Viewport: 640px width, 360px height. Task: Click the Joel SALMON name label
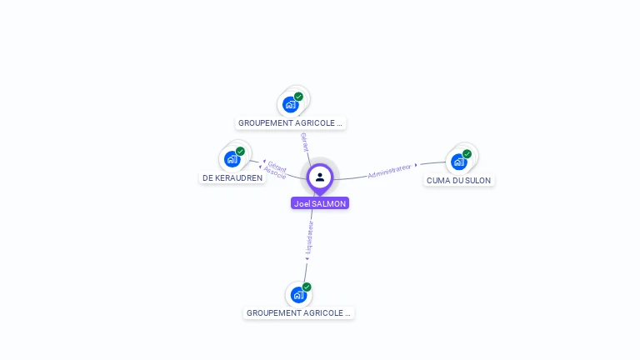pyautogui.click(x=320, y=203)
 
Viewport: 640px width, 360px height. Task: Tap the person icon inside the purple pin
pyautogui.click(x=320, y=177)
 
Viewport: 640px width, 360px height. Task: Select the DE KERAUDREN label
pyautogui.click(x=232, y=178)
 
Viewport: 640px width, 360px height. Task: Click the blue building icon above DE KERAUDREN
pyautogui.click(x=232, y=159)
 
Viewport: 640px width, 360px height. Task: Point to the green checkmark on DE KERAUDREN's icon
pyautogui.click(x=240, y=152)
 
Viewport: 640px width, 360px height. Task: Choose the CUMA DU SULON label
pyautogui.click(x=459, y=180)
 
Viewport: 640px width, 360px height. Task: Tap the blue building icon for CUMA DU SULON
pyautogui.click(x=459, y=162)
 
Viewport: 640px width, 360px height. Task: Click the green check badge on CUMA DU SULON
pyautogui.click(x=467, y=154)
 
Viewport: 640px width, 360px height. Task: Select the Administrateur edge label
pyautogui.click(x=389, y=171)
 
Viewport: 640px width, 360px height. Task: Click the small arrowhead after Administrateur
pyautogui.click(x=416, y=165)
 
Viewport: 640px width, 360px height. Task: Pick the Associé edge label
pyautogui.click(x=275, y=172)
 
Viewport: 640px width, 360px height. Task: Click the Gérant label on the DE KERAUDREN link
pyautogui.click(x=277, y=167)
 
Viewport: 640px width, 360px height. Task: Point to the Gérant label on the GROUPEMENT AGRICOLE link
pyautogui.click(x=304, y=142)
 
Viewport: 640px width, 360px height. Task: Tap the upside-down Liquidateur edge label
pyautogui.click(x=310, y=237)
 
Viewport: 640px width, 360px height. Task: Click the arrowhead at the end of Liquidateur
pyautogui.click(x=307, y=259)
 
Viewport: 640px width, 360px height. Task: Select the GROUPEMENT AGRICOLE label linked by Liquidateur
pyautogui.click(x=298, y=313)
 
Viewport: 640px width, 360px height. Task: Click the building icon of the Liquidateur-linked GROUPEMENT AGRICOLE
pyautogui.click(x=298, y=295)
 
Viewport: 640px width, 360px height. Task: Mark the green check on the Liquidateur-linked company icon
pyautogui.click(x=307, y=287)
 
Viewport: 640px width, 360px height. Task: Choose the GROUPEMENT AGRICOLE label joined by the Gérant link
pyautogui.click(x=290, y=122)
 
